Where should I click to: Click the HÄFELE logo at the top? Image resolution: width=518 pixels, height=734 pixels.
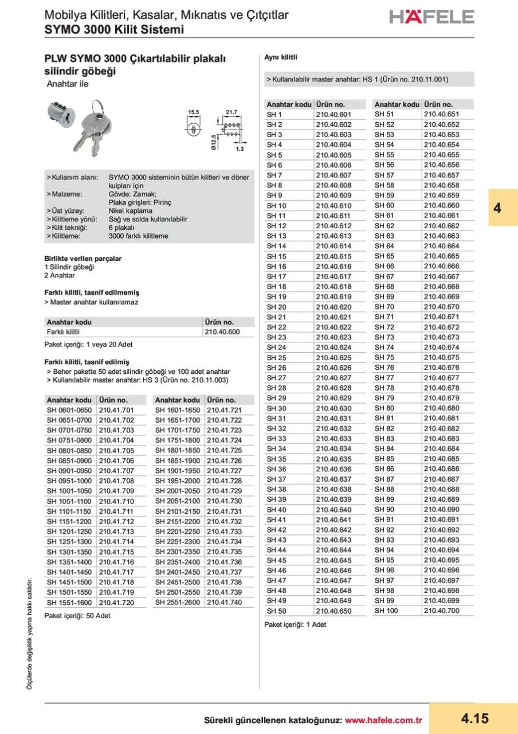[431, 17]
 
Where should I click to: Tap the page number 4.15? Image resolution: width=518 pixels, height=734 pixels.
[473, 719]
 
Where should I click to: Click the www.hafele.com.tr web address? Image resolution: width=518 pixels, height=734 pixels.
[383, 720]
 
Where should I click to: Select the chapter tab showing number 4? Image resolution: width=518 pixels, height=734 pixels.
[497, 208]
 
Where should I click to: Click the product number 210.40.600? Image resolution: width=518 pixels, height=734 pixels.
[222, 332]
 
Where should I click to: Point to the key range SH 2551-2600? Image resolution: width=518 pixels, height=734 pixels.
[178, 603]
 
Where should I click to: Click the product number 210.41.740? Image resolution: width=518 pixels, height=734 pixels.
[224, 603]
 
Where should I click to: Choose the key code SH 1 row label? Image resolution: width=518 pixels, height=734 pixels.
[274, 114]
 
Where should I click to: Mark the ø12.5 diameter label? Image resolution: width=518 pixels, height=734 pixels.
[213, 142]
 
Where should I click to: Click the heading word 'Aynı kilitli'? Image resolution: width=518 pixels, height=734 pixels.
[280, 57]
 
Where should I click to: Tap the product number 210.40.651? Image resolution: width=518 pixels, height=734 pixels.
[441, 114]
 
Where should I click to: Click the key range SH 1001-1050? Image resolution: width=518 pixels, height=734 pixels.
[69, 491]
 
